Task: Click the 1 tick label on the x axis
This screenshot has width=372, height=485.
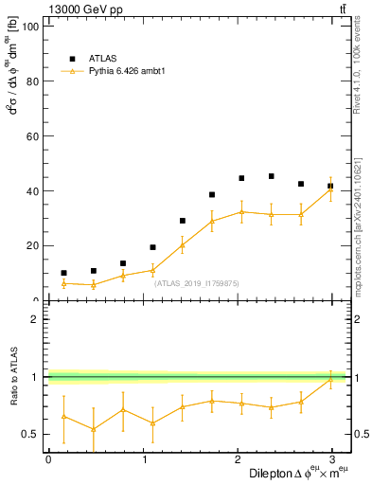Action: coord(144,458)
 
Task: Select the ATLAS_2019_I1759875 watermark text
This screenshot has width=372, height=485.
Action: coord(197,283)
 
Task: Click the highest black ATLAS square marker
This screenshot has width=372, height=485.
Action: coord(272,176)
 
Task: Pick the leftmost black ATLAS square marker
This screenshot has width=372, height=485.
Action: coord(63,273)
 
